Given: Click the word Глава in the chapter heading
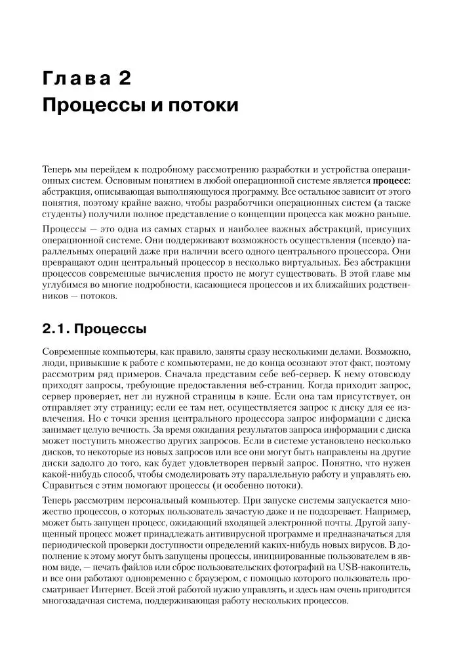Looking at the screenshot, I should click(75, 79).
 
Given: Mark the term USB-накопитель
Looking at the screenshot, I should click(374, 568).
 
